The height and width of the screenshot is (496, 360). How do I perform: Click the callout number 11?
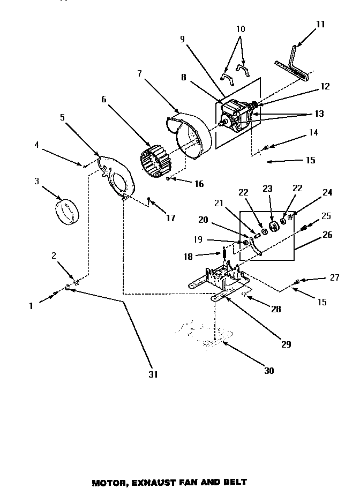click(x=320, y=25)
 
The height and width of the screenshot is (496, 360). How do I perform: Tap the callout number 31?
click(x=153, y=374)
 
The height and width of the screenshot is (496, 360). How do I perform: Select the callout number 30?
click(x=269, y=370)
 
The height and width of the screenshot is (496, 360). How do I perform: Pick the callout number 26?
click(x=328, y=234)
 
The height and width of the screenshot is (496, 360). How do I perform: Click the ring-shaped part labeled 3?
click(x=67, y=213)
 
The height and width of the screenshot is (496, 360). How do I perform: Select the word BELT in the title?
click(x=234, y=483)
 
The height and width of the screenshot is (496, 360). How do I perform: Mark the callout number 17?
click(x=170, y=218)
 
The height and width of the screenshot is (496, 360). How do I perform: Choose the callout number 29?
click(x=286, y=344)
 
